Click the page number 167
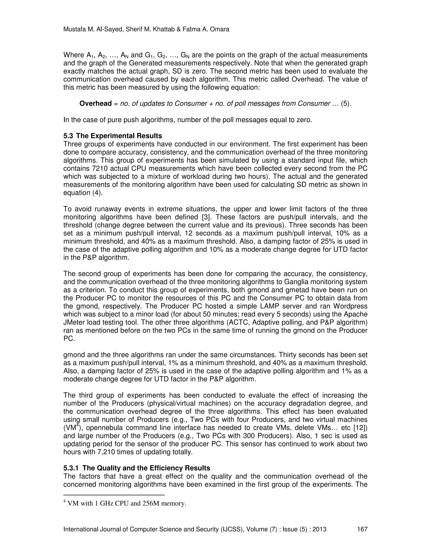coord(362,529)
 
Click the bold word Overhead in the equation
coord(96,103)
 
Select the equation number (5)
coord(346,103)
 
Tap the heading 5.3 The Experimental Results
coord(113,136)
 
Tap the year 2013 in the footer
coord(319,529)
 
